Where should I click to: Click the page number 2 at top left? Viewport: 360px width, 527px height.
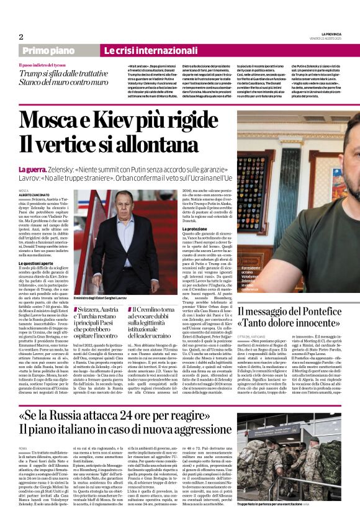pos(21,37)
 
